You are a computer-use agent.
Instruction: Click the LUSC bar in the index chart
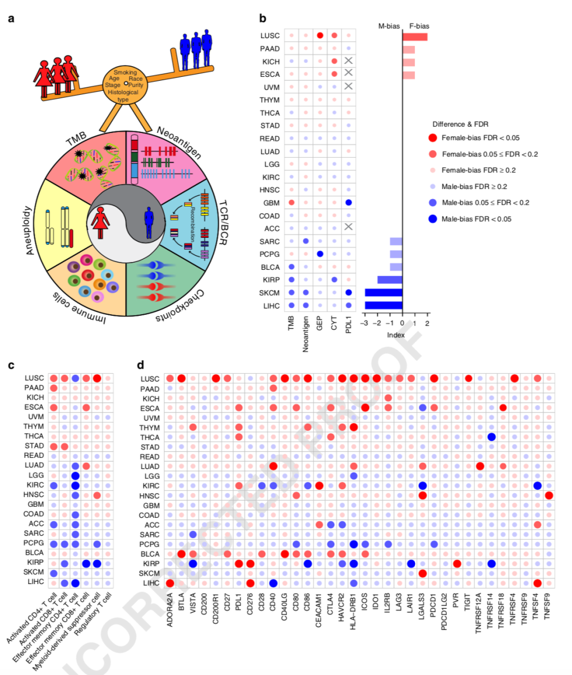pos(415,36)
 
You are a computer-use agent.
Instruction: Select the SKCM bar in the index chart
pos(384,292)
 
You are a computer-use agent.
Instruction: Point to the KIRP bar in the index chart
pos(390,279)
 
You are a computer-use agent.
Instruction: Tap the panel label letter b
pos(262,18)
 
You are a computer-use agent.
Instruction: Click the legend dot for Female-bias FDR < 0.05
pos(432,138)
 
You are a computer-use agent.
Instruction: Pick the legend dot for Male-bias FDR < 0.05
pos(432,219)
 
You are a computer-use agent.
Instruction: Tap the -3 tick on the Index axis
pos(365,324)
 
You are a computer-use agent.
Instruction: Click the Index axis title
pos(395,335)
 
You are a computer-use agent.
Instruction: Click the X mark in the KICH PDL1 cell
pos(348,61)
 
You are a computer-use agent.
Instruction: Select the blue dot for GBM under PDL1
pos(348,203)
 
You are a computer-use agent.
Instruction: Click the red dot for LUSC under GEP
pos(320,36)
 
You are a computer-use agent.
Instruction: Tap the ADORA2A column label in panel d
pos(162,609)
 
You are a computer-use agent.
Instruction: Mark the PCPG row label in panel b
pos(270,254)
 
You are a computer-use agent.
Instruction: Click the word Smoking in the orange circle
pos(124,73)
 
